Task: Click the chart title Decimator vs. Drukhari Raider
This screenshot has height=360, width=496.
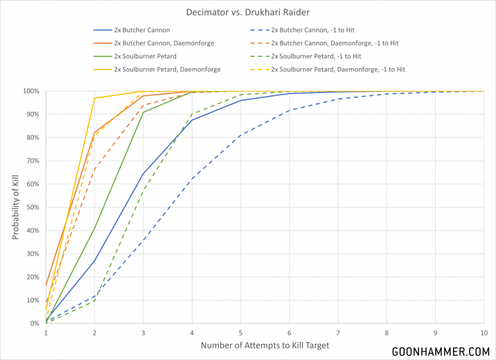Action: coord(247,11)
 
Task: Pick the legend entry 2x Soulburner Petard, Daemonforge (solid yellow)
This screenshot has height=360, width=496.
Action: coord(167,69)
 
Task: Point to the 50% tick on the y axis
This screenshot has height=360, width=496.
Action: coord(32,207)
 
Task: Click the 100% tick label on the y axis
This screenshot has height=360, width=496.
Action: coord(30,91)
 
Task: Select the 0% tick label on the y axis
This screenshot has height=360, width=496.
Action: coord(34,324)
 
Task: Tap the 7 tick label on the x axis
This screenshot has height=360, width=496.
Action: coord(338,332)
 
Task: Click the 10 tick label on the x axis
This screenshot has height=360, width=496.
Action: coord(483,332)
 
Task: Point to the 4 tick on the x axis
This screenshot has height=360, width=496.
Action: coord(192,332)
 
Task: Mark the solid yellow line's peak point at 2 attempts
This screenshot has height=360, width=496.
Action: coord(95,99)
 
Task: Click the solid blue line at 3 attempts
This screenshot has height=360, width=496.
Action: coord(144,173)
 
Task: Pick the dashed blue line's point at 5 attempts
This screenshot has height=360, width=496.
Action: coord(241,135)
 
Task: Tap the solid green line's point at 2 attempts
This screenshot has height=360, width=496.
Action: coord(95,228)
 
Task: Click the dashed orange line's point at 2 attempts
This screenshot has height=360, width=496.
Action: coord(95,169)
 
